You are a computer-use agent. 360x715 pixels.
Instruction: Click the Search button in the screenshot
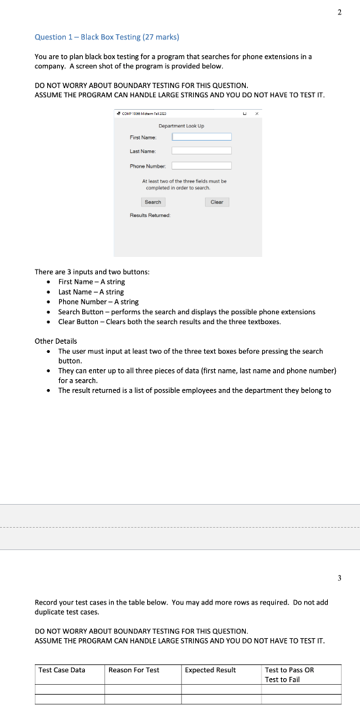tap(152, 202)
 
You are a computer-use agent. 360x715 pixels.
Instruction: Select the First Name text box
tap(202, 137)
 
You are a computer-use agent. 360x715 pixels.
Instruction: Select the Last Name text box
tap(202, 151)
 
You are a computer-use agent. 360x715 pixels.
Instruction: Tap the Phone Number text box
tap(202, 166)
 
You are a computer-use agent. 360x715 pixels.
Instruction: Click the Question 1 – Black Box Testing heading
tap(106, 37)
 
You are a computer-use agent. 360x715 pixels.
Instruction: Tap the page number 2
tap(340, 12)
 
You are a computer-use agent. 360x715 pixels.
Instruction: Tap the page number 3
tap(340, 578)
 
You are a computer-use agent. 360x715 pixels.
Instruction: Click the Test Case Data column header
tap(62, 670)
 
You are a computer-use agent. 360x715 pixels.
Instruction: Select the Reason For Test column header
tap(133, 670)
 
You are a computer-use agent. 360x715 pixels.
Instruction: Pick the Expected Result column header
tap(210, 670)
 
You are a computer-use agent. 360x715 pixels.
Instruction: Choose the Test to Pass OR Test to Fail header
tap(289, 674)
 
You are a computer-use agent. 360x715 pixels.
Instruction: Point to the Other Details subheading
tap(55, 341)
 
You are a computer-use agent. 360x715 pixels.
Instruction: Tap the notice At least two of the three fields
tap(185, 184)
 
